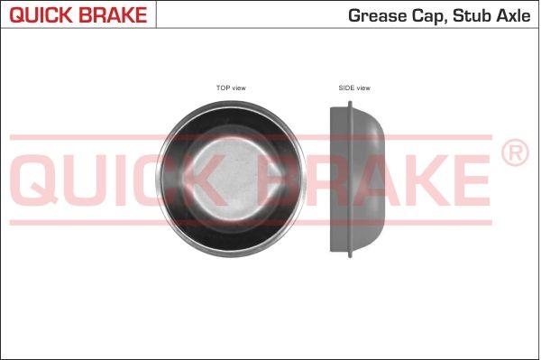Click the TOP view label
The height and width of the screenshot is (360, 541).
click(x=231, y=88)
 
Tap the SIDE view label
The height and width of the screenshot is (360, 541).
click(x=354, y=88)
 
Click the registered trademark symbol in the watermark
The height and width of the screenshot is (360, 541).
click(x=515, y=153)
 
